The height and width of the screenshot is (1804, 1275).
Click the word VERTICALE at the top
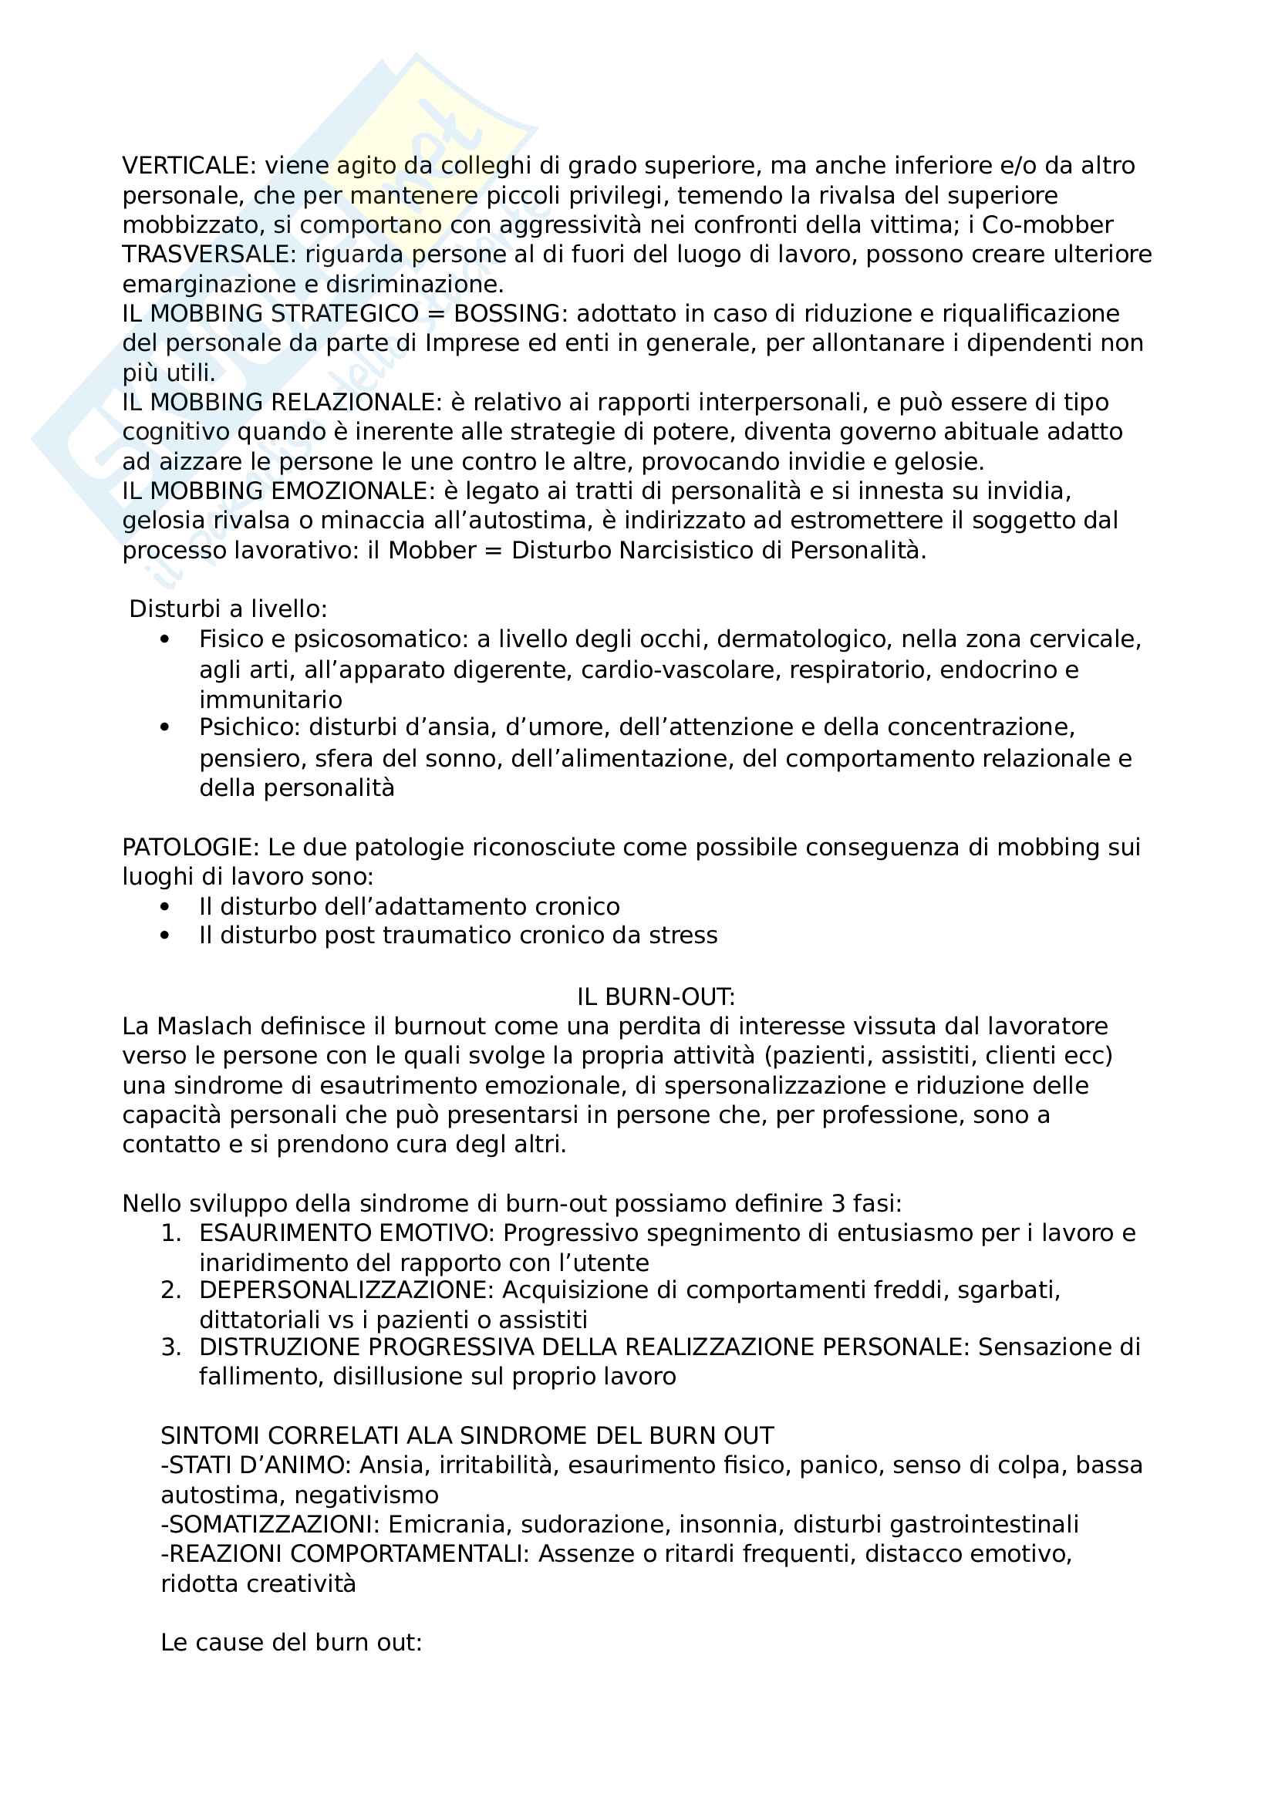coord(184,166)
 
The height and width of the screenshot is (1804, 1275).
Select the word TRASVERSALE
coord(208,255)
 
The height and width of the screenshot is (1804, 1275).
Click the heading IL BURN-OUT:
coord(656,997)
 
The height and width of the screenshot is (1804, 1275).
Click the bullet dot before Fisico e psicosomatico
coord(164,639)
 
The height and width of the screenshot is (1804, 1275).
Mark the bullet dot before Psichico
coord(164,727)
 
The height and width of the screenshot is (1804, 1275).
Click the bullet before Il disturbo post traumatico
coord(164,936)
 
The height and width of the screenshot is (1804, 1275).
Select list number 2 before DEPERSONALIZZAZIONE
coord(171,1290)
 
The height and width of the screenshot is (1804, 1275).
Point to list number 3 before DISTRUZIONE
coord(171,1347)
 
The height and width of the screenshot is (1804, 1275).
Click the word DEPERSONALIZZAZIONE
coord(346,1290)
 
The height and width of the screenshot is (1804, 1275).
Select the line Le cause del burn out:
coord(292,1642)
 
